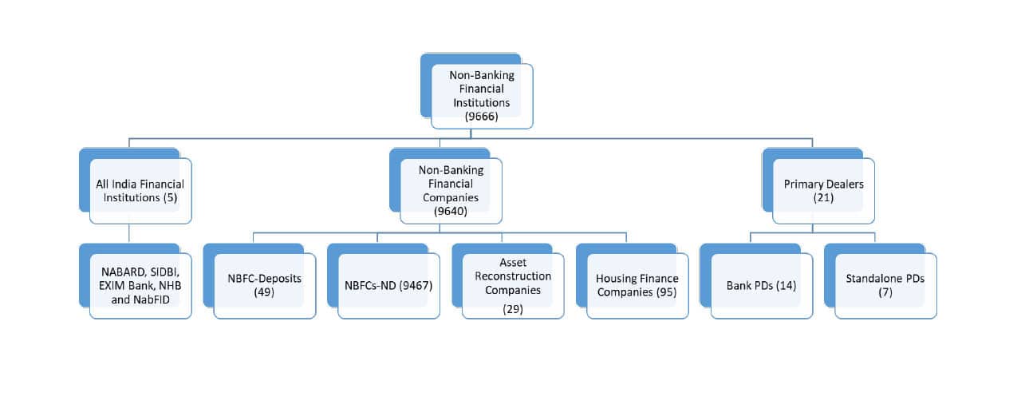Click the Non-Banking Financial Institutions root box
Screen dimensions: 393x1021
pyautogui.click(x=481, y=95)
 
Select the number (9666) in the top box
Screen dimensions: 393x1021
pyautogui.click(x=481, y=116)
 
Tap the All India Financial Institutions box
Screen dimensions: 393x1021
pyautogui.click(x=140, y=189)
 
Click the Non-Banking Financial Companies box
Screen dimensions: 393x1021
pyautogui.click(x=451, y=189)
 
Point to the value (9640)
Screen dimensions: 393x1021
pyautogui.click(x=451, y=212)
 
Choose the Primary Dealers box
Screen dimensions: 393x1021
pyautogui.click(x=823, y=189)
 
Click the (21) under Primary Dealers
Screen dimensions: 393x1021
pyautogui.click(x=823, y=197)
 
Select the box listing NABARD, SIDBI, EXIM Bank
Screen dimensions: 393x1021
pyautogui.click(x=140, y=285)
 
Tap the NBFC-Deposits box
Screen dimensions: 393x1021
pyautogui.click(x=264, y=285)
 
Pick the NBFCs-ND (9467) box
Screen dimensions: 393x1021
pyautogui.click(x=388, y=285)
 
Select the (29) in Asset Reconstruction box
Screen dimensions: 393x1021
pyautogui.click(x=513, y=309)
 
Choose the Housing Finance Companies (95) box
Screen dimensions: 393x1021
pyautogui.click(x=637, y=285)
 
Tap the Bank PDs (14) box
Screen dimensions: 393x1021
pyautogui.click(x=762, y=285)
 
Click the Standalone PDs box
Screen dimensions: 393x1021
pyautogui.click(x=885, y=285)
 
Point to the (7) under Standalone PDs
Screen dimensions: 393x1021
pyautogui.click(x=885, y=293)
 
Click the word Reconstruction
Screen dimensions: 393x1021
pyautogui.click(x=513, y=276)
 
